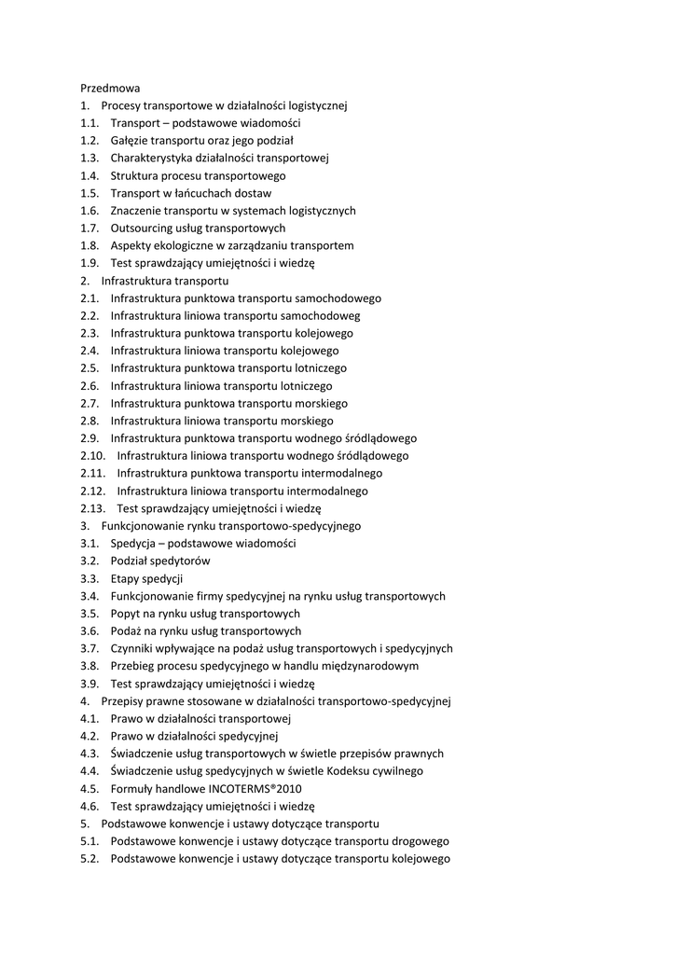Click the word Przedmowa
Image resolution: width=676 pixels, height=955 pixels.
click(110, 88)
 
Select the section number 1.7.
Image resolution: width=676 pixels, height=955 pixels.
click(90, 228)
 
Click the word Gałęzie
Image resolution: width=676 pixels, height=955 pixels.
click(131, 141)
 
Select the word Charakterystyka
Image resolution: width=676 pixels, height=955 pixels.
click(151, 159)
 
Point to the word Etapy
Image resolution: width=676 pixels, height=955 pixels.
click(126, 579)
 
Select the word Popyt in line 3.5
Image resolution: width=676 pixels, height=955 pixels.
click(126, 614)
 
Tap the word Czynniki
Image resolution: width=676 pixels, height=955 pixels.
click(133, 649)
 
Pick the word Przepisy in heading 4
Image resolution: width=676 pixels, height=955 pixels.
click(125, 701)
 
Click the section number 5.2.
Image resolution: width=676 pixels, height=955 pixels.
click(90, 859)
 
